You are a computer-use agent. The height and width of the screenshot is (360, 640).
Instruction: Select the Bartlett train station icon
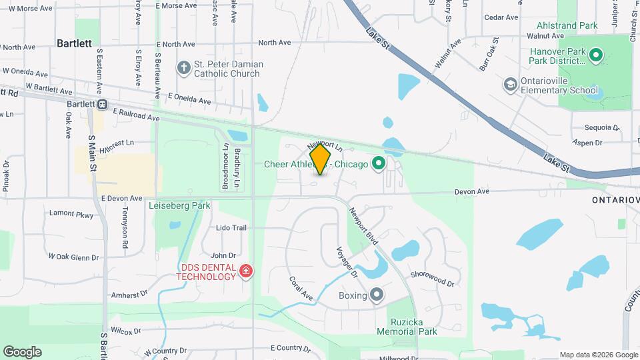point(103,104)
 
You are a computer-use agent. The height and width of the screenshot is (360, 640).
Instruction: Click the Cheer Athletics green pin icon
point(379,163)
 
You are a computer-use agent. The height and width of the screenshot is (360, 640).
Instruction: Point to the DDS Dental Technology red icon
point(246,271)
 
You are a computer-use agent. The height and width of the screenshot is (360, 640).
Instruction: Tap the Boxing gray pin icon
point(377,295)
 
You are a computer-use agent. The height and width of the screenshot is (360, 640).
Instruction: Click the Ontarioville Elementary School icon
point(511,84)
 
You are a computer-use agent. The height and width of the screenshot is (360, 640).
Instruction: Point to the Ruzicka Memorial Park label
point(406,326)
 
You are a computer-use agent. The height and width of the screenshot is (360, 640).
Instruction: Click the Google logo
point(22,351)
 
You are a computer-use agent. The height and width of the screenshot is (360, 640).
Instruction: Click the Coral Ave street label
point(301,287)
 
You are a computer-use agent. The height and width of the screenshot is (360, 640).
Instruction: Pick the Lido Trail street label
point(231,227)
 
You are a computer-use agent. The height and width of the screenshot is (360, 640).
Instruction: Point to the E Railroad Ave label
point(137,115)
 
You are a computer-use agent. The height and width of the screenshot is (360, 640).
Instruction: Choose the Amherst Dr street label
point(129,294)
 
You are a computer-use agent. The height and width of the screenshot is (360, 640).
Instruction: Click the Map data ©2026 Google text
point(598,355)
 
